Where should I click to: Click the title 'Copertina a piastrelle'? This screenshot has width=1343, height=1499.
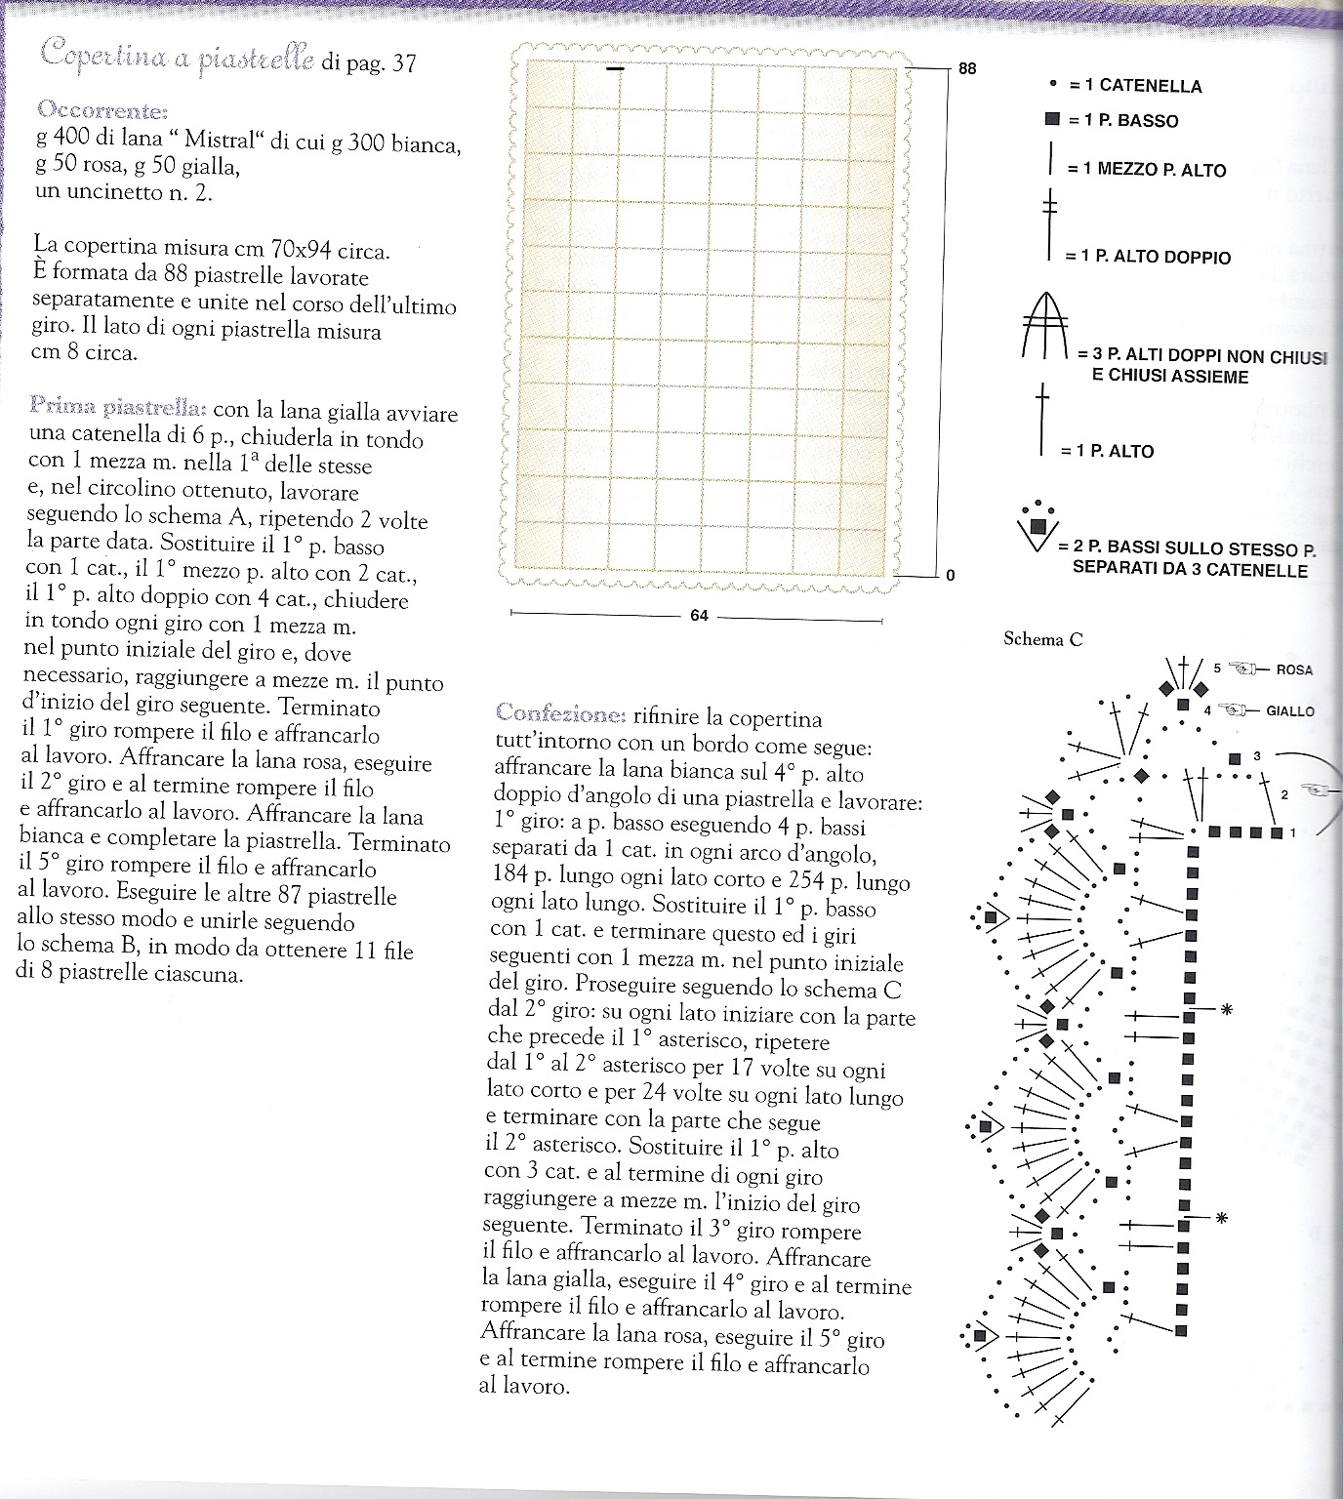(177, 58)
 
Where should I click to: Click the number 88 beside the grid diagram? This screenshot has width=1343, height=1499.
(967, 69)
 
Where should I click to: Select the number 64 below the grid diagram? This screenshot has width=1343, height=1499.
(698, 616)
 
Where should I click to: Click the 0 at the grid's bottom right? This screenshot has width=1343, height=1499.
(950, 575)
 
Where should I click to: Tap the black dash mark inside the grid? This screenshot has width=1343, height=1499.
(614, 68)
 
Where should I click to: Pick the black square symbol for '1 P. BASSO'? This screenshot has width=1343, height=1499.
(1051, 120)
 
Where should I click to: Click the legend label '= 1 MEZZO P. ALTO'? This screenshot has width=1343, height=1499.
(1146, 170)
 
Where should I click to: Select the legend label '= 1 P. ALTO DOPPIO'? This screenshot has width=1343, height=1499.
(1148, 258)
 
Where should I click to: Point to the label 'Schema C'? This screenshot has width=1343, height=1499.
(1042, 640)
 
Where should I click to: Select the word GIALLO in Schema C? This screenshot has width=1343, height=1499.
(1289, 711)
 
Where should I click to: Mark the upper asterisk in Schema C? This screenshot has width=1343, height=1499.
(1227, 1010)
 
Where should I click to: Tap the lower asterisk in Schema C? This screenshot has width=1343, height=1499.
(1220, 1217)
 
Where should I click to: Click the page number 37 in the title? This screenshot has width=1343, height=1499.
(403, 64)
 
